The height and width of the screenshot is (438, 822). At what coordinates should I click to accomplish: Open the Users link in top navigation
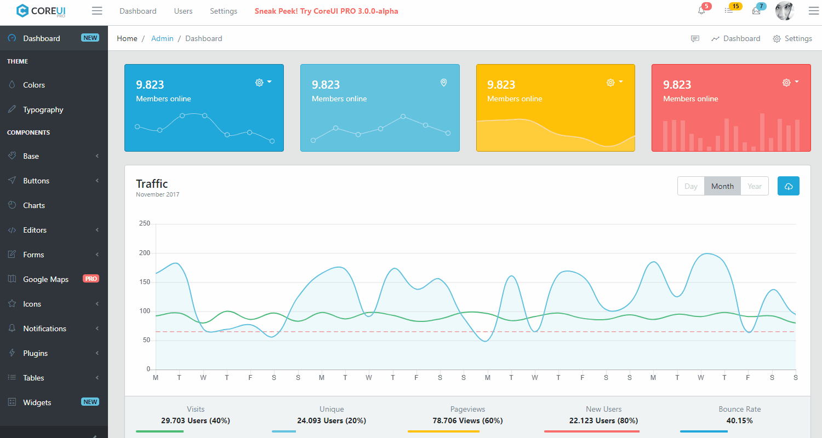183,11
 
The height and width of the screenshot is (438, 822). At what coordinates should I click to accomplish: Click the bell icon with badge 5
701,10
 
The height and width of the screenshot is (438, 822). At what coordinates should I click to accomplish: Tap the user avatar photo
785,11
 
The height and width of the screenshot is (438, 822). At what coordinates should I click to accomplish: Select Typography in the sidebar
43,109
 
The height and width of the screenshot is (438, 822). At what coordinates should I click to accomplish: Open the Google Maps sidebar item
45,279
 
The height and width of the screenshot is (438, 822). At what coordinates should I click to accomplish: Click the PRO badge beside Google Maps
91,279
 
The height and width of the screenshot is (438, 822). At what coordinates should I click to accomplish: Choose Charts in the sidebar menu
34,205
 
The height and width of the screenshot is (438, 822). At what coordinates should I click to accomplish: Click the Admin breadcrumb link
162,38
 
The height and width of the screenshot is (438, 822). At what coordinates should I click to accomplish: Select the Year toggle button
755,186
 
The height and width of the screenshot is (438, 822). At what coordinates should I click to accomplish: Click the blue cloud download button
789,186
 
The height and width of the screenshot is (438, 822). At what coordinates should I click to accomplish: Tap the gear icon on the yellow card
610,82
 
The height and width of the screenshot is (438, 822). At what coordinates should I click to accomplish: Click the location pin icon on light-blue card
444,83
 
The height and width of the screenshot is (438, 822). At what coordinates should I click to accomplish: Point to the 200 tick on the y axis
145,253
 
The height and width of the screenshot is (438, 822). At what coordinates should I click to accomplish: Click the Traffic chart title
152,184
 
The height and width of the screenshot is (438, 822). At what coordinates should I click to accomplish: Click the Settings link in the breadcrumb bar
792,38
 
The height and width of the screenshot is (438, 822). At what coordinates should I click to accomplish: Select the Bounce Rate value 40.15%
739,420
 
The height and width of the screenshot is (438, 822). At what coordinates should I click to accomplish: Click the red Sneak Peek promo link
327,11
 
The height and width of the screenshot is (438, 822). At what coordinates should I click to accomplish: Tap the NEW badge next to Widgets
90,402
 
